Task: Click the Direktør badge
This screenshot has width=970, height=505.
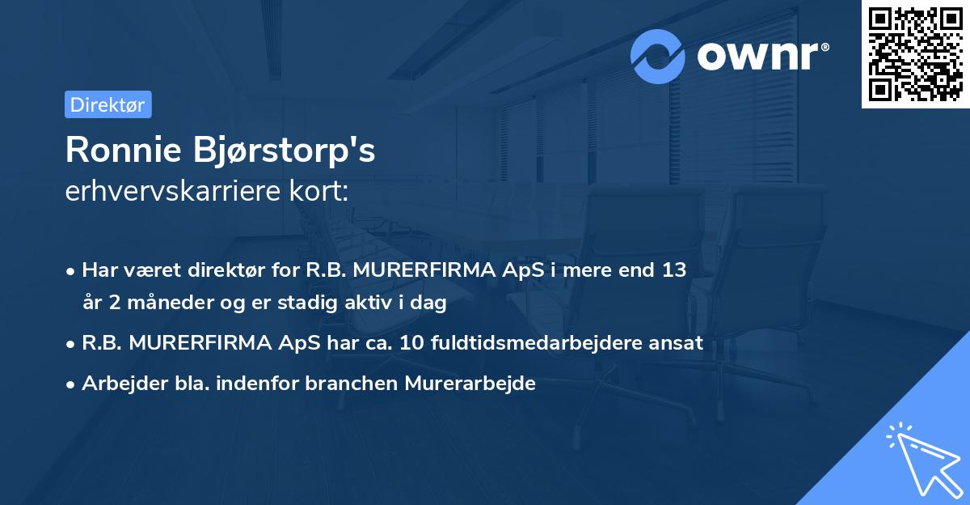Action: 108,104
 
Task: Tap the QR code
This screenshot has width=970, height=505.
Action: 915,54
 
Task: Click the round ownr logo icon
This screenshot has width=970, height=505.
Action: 658,57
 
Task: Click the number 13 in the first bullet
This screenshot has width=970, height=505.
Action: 674,270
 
